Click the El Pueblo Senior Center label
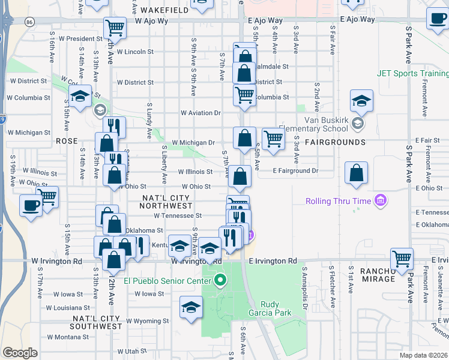[166, 280]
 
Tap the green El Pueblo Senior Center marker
[220, 280]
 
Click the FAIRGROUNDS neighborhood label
[335, 142]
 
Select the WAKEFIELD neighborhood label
[164, 11]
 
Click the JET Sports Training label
[412, 74]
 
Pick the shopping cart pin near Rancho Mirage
[402, 259]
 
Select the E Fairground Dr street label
[294, 171]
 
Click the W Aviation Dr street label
[201, 113]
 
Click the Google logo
[20, 353]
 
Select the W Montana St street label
[68, 337]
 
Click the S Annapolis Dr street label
[304, 285]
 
